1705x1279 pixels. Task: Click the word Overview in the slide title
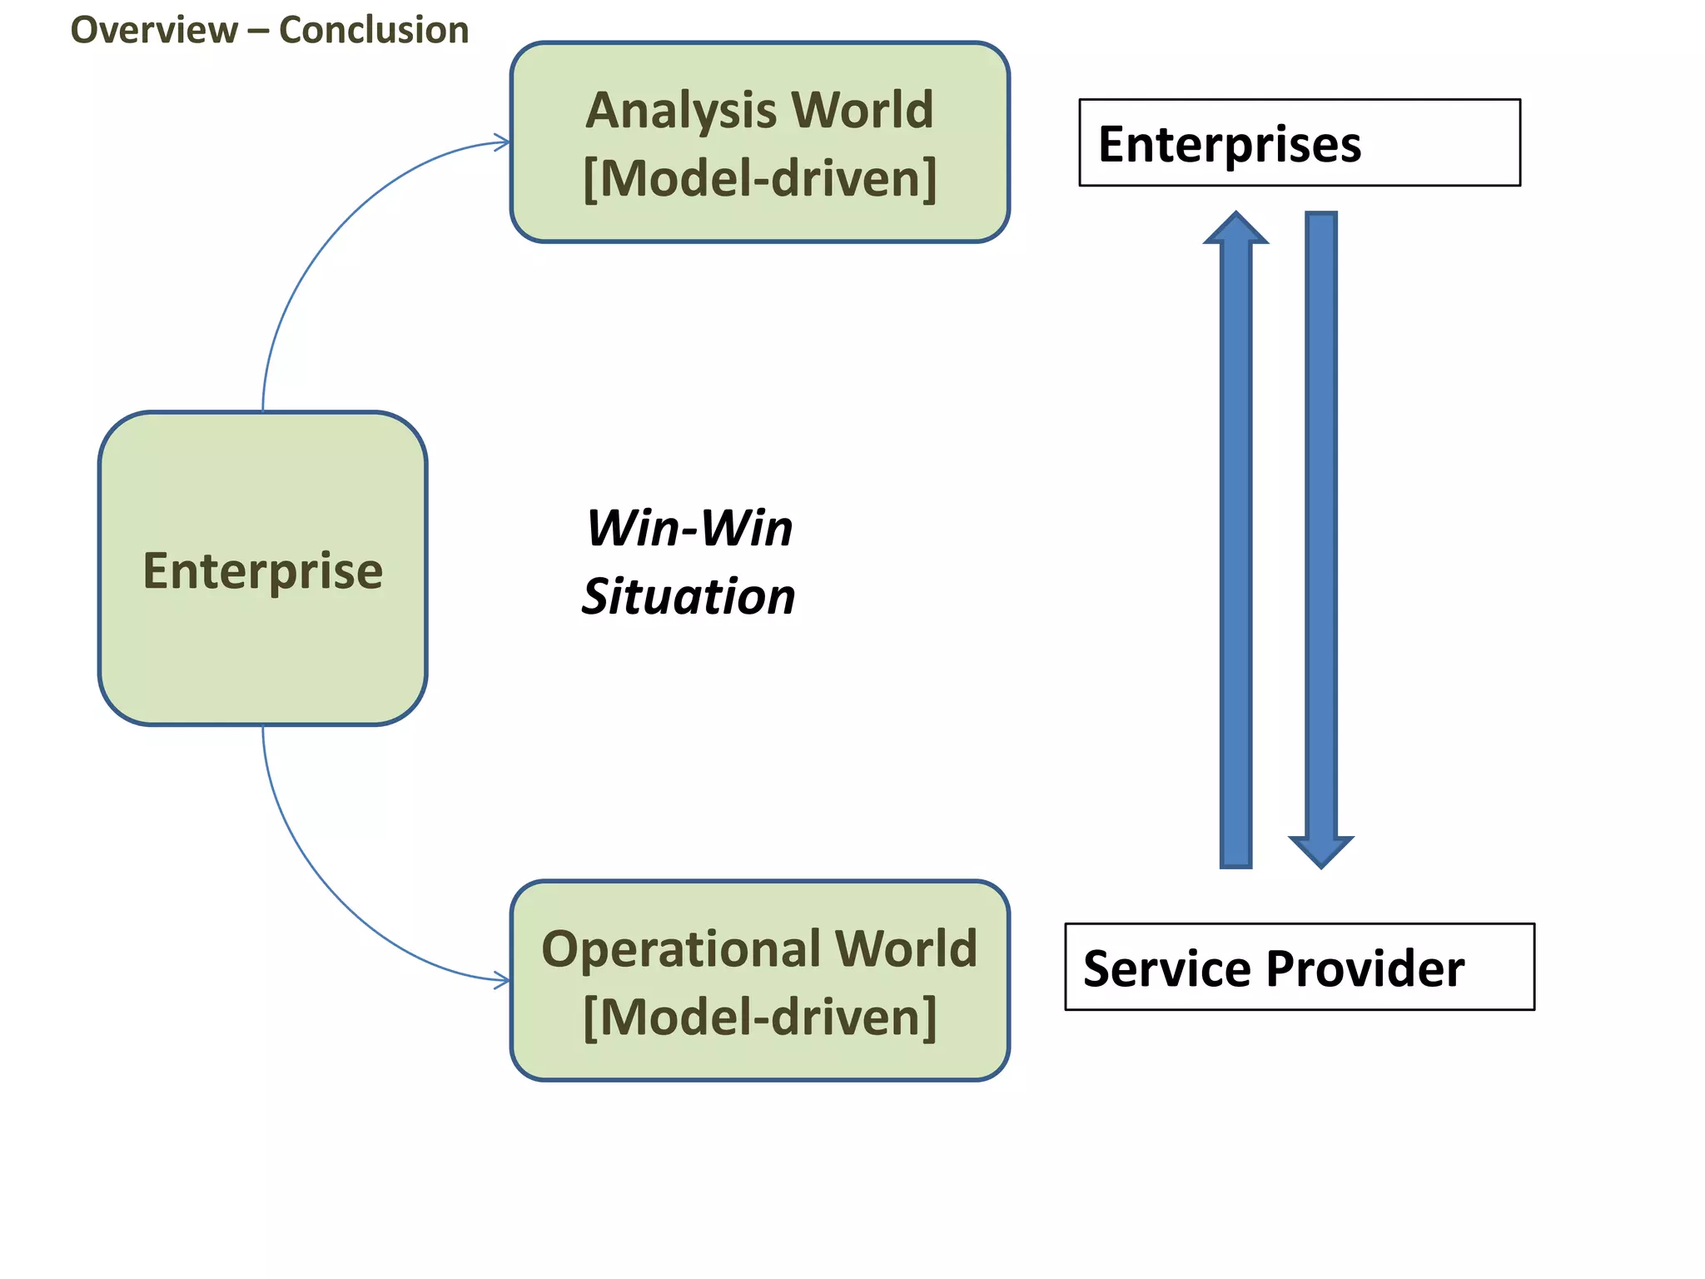(x=154, y=31)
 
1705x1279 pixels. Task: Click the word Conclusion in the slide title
(x=373, y=31)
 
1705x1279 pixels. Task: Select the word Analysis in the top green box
(x=679, y=110)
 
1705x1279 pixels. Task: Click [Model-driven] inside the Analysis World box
(x=759, y=178)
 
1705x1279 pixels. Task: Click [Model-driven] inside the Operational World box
(x=759, y=1017)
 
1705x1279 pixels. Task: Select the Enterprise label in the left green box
(x=263, y=571)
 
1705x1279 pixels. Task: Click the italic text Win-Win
(x=689, y=528)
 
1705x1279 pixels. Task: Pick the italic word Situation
(x=688, y=596)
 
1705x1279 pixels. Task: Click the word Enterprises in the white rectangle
(x=1229, y=144)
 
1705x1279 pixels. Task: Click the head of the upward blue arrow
(x=1235, y=228)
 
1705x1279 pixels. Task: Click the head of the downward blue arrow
(x=1320, y=852)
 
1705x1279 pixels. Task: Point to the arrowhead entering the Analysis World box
(x=503, y=142)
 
